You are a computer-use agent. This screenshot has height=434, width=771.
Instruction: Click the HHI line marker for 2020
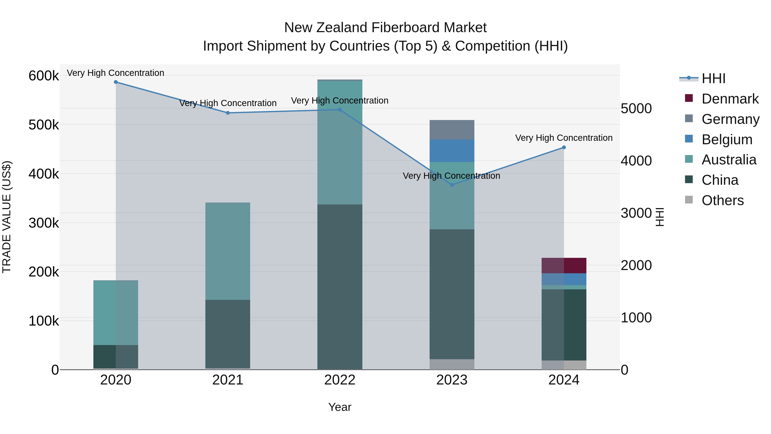[x=116, y=82]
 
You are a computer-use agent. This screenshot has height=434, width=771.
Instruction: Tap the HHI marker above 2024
[x=564, y=147]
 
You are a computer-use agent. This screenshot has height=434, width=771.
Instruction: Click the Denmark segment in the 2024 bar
[x=564, y=265]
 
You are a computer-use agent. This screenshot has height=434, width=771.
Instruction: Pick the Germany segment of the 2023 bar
[x=452, y=130]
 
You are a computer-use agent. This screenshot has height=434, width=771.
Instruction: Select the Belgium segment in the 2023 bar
[x=452, y=151]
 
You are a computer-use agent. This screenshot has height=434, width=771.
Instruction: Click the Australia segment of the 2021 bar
[x=228, y=251]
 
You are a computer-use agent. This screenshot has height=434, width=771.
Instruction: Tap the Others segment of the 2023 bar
[x=452, y=364]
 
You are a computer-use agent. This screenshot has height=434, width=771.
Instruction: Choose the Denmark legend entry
[x=730, y=99]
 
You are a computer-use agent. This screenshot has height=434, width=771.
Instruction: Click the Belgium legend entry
[x=727, y=140]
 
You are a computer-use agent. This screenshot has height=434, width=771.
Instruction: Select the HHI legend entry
[x=713, y=78]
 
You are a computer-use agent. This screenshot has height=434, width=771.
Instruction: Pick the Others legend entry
[x=722, y=200]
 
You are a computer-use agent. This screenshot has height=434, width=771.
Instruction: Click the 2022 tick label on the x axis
[x=340, y=380]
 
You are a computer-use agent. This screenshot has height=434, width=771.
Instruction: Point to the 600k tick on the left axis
[x=44, y=76]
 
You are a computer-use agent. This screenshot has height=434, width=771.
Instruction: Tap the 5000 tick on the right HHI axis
[x=636, y=108]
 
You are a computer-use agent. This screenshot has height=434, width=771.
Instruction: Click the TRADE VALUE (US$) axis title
[x=7, y=217]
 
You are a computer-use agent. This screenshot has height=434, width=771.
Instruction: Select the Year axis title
[x=340, y=407]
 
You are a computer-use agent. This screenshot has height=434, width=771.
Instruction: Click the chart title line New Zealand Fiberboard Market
[x=385, y=28]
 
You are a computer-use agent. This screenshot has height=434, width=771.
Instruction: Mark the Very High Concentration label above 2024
[x=564, y=138]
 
